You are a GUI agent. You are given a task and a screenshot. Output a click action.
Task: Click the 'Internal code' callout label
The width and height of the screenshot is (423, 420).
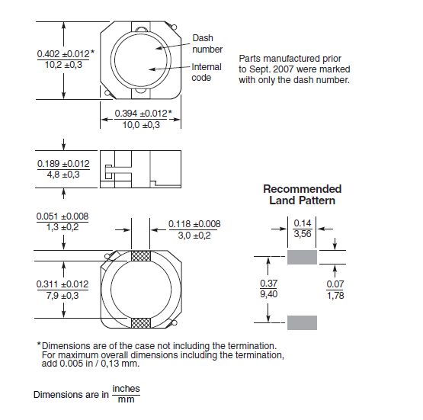(x=207, y=72)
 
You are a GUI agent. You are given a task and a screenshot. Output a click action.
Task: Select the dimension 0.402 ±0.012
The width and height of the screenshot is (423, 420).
(x=62, y=53)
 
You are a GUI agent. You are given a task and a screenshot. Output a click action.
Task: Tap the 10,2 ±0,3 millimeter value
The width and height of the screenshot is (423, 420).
(x=61, y=66)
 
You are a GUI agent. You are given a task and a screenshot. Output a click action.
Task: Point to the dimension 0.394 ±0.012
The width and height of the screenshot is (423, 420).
(x=141, y=114)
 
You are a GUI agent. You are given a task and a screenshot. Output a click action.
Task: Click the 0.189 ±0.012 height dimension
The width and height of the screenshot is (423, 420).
(x=63, y=164)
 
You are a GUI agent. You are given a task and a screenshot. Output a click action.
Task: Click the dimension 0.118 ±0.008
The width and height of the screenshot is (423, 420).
(x=194, y=223)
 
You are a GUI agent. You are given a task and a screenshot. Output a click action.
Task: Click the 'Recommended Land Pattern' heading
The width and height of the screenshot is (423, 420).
(x=302, y=194)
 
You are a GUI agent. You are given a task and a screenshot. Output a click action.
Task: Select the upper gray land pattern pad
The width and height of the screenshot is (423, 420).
(x=302, y=257)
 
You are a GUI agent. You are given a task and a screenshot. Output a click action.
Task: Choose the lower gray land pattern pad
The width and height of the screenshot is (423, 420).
(x=302, y=322)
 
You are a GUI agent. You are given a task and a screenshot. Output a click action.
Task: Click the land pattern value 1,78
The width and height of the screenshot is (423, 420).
(x=336, y=295)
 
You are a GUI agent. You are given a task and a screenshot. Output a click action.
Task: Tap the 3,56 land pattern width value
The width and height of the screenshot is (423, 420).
(x=303, y=234)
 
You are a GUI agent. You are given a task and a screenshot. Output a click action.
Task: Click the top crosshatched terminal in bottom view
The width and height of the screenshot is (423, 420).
(x=141, y=257)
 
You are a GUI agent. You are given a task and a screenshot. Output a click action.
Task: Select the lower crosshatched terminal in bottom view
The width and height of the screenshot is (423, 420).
(x=141, y=323)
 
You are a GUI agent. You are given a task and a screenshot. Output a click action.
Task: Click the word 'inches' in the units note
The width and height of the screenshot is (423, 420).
(x=126, y=389)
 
